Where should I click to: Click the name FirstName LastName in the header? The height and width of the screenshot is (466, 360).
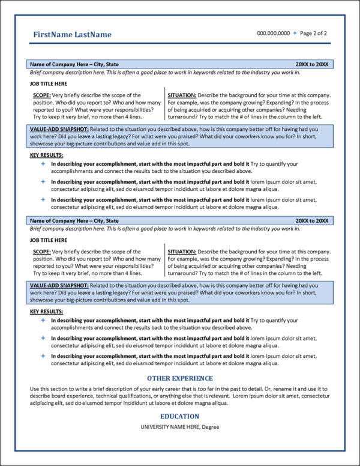[x=72, y=35]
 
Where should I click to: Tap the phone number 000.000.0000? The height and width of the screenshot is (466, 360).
[x=273, y=34]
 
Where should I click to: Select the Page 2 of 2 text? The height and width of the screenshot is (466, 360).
[x=313, y=34]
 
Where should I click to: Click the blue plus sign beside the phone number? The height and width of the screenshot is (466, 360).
[x=295, y=34]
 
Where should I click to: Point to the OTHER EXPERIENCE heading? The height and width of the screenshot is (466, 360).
[x=180, y=378]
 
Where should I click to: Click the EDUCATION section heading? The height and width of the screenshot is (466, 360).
[x=180, y=416]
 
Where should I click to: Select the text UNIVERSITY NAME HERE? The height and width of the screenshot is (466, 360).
[x=169, y=427]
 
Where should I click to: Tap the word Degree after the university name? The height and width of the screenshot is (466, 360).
[x=211, y=427]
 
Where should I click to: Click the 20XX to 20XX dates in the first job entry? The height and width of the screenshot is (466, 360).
[x=312, y=64]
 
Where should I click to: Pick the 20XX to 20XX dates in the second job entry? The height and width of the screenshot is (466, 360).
[x=312, y=221]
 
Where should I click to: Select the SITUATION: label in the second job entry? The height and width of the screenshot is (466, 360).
[x=181, y=252]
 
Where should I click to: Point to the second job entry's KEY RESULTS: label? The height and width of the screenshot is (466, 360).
[x=46, y=312]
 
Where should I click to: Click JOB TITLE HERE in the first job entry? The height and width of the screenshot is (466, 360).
[x=49, y=83]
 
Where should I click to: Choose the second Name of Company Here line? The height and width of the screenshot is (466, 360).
[x=74, y=221]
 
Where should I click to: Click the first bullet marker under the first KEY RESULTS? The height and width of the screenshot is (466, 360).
[x=43, y=164]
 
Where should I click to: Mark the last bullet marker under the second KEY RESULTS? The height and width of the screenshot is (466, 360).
[x=43, y=356]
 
